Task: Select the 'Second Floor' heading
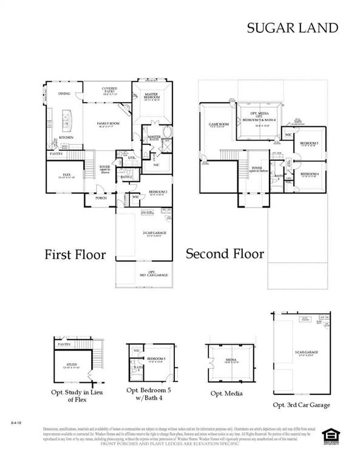tap(225, 253)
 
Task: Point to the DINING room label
tap(64, 94)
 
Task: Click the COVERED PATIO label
tap(110, 90)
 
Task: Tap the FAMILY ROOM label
tap(109, 124)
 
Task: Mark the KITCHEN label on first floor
tap(66, 138)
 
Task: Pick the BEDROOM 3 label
tap(310, 143)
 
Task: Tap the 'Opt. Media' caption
tap(226, 393)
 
